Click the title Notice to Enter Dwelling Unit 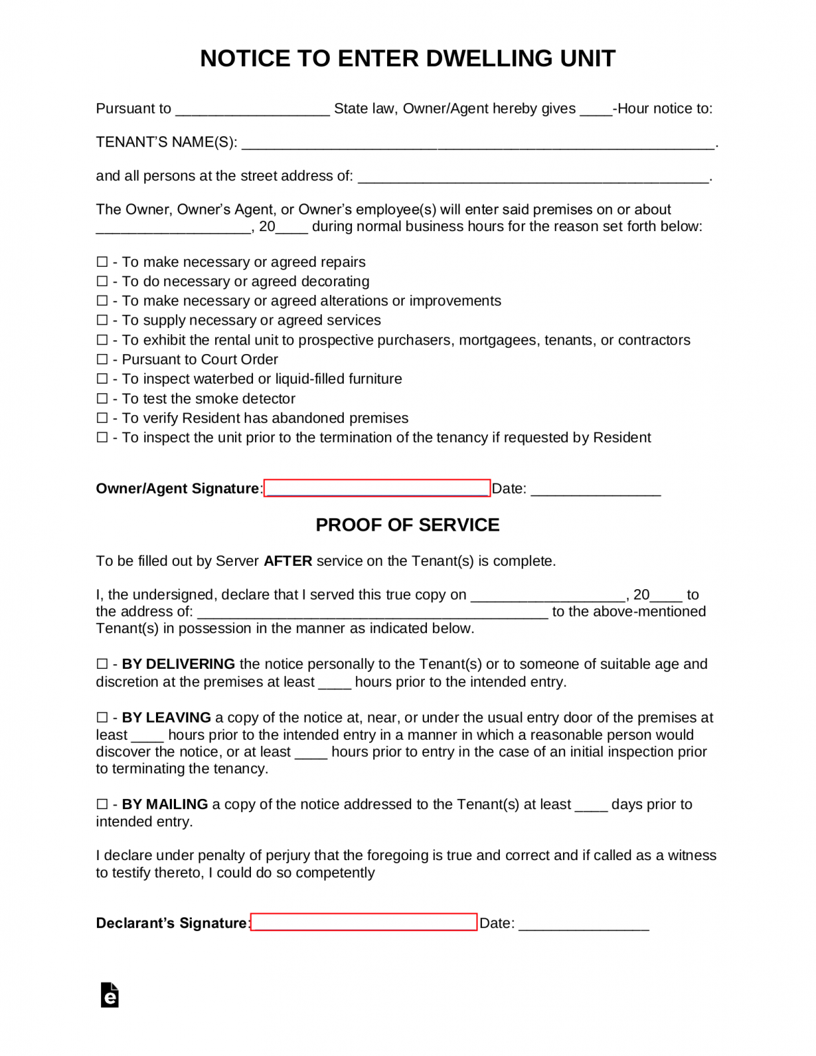coord(408,58)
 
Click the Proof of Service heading coord(408,525)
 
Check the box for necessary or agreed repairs coord(102,262)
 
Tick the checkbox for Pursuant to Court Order coord(102,360)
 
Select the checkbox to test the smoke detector coord(102,399)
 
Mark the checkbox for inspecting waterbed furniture coord(102,379)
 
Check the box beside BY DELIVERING coord(102,664)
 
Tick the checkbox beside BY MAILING coord(102,804)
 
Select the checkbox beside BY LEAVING coord(102,718)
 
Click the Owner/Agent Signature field coord(377,488)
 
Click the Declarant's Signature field coord(364,922)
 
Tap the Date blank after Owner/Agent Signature coord(595,489)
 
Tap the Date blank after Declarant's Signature coord(584,924)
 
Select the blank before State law coord(252,109)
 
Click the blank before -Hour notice coord(595,109)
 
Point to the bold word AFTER coord(288,561)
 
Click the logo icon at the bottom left coord(110,995)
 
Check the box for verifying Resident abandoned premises coord(102,418)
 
